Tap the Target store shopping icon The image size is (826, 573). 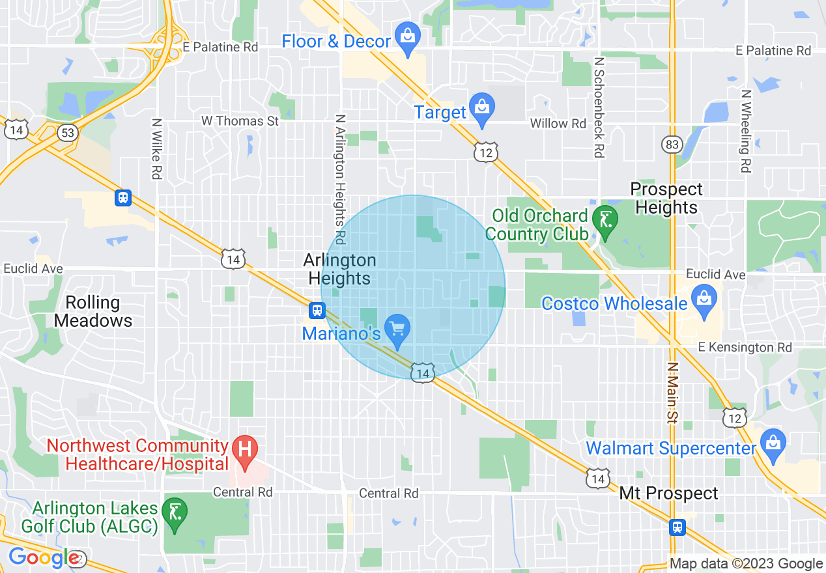point(482,111)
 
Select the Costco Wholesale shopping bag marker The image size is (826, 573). point(704,302)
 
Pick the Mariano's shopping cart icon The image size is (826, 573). point(397,331)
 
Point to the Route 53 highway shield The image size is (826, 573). point(67,132)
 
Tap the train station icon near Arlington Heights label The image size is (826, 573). point(317,311)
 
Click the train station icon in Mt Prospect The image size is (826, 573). point(677,526)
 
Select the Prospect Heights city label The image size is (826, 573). point(666,198)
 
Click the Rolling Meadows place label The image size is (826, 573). point(93,311)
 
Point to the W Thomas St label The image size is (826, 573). point(240,121)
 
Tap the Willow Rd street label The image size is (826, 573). point(558,123)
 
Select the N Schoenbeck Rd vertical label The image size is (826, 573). point(599,106)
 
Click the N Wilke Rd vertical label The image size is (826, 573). point(156,148)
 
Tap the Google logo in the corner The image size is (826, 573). point(44,558)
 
